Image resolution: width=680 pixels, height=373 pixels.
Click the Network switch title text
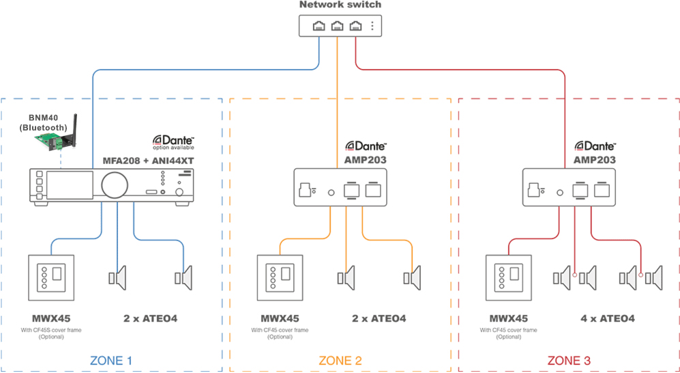(x=340, y=5)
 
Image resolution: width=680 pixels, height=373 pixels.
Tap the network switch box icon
(x=340, y=27)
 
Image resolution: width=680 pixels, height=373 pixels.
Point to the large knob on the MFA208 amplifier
(x=113, y=184)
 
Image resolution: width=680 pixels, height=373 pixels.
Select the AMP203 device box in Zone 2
(x=340, y=188)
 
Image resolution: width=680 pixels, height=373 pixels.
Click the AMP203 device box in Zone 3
(x=569, y=188)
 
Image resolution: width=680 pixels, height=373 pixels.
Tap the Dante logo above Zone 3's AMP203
(x=595, y=145)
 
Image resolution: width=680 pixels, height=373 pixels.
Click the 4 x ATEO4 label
(x=607, y=318)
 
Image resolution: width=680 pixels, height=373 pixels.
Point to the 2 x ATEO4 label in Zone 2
(x=379, y=318)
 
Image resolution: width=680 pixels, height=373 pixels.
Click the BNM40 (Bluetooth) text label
(x=43, y=122)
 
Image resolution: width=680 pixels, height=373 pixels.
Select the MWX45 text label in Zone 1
(x=51, y=318)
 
